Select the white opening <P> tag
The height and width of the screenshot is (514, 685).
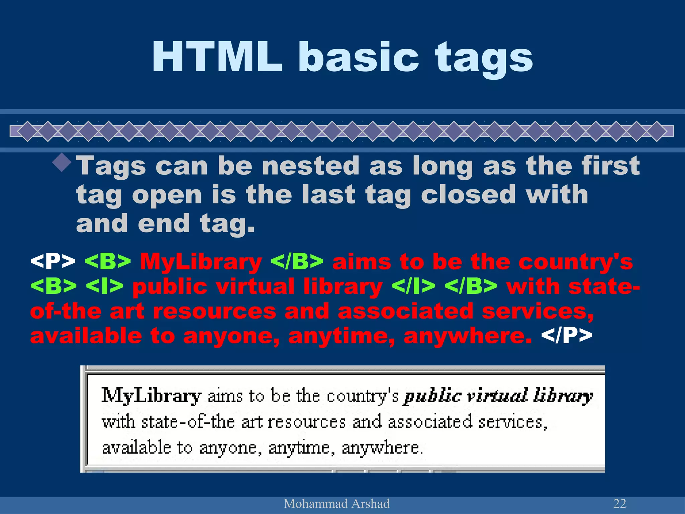click(x=53, y=261)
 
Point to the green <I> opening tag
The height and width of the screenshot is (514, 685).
click(x=104, y=286)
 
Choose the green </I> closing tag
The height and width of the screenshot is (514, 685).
click(x=413, y=286)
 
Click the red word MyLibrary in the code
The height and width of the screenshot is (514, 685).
click(x=201, y=262)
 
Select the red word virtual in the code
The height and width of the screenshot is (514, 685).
click(x=255, y=286)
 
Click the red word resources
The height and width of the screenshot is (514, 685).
click(x=214, y=311)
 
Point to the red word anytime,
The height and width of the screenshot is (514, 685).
click(x=341, y=336)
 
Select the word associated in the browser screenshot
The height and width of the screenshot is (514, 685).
click(x=430, y=422)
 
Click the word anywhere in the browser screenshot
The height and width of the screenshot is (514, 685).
click(x=382, y=447)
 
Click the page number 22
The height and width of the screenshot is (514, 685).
click(x=619, y=503)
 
